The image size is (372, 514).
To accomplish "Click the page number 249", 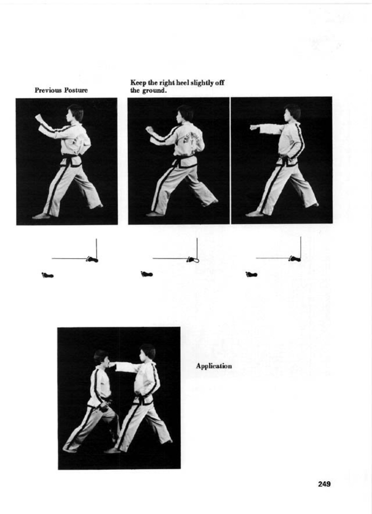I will coord(324,484).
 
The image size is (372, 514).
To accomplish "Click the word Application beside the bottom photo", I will coord(214,366).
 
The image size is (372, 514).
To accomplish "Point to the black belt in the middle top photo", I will coord(185,162).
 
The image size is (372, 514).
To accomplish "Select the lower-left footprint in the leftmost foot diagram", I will coord(48,275).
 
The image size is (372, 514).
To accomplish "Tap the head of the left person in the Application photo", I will coord(101,358).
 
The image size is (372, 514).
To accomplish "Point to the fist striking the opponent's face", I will coord(112,366).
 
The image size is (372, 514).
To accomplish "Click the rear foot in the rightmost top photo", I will coord(313,204).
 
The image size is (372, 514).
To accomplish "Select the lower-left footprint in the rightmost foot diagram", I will coord(251,275).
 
